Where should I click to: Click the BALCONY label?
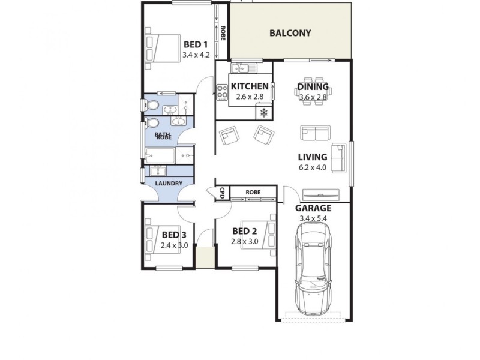[x=290, y=33]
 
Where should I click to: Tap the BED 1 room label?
[x=196, y=44]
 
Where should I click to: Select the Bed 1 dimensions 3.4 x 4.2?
[x=196, y=55]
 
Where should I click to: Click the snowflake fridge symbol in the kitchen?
[x=263, y=112]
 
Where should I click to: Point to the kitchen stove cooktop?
[x=222, y=92]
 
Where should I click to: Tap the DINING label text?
[x=313, y=87]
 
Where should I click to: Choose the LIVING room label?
[x=313, y=157]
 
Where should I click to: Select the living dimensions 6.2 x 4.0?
[x=313, y=167]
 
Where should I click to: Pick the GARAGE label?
[x=313, y=208]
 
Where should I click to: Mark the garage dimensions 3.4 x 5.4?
[x=313, y=218]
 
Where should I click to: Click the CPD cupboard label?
[x=222, y=193]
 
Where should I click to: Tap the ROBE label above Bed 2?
[x=253, y=193]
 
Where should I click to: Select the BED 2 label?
[x=244, y=232]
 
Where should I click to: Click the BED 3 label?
[x=174, y=235]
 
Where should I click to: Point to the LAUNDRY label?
[x=169, y=183]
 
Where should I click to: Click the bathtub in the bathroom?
[x=160, y=157]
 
